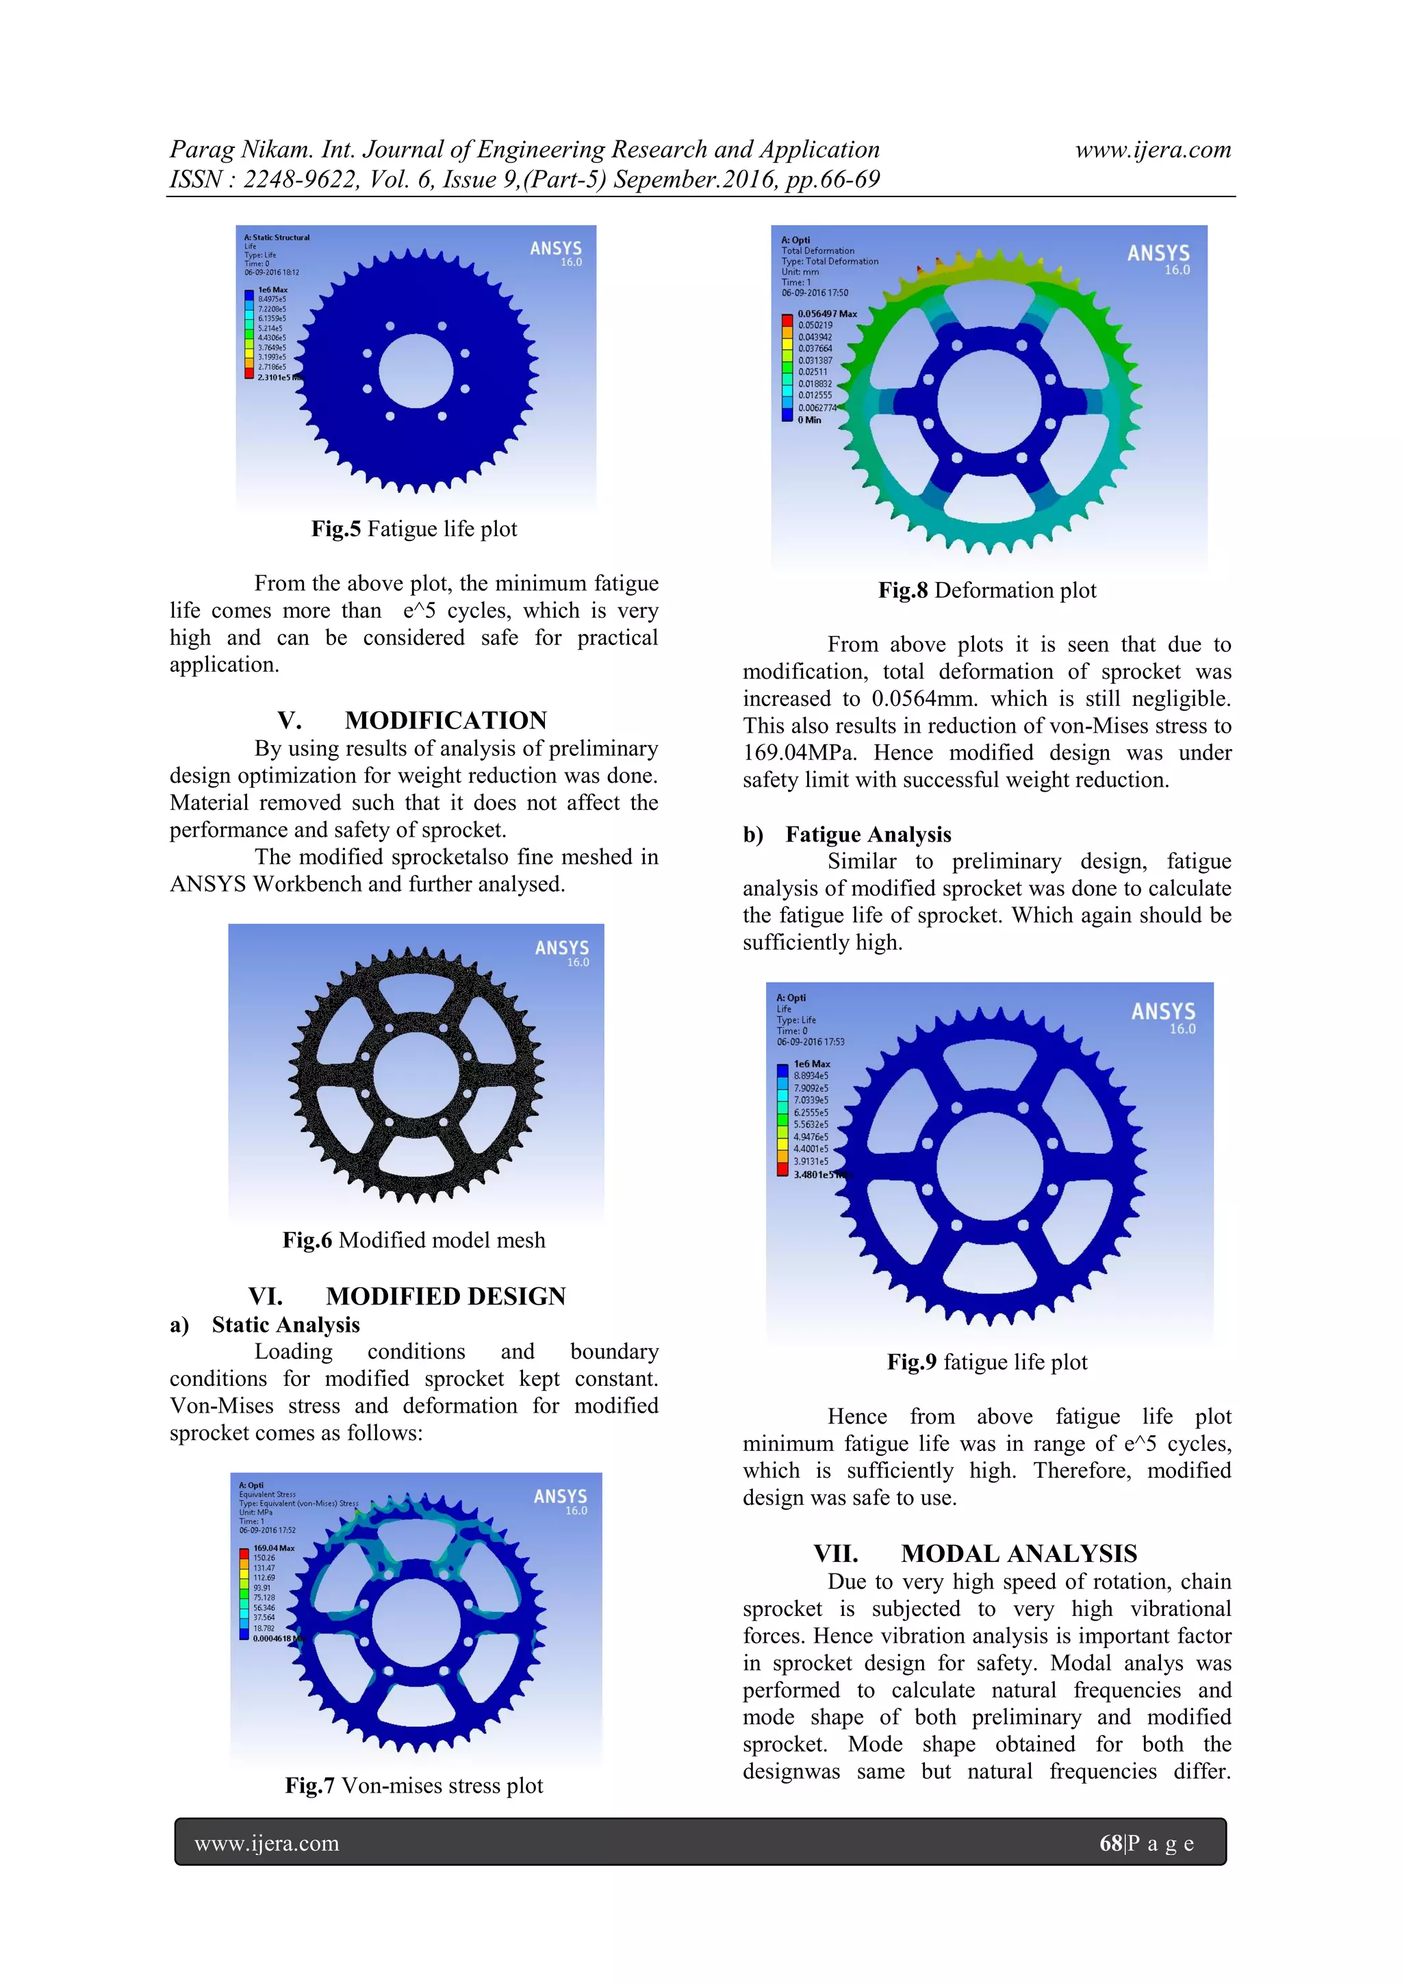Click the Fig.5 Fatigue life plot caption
pyautogui.click(x=414, y=529)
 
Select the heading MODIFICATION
pyautogui.click(x=446, y=720)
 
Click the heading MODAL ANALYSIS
pyautogui.click(x=1019, y=1554)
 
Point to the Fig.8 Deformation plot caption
pyautogui.click(x=986, y=591)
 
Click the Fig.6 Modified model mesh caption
pyautogui.click(x=414, y=1240)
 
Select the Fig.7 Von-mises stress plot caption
pyautogui.click(x=414, y=1785)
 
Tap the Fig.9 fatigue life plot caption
pyautogui.click(x=986, y=1362)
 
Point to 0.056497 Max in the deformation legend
pyautogui.click(x=827, y=314)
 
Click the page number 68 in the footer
pyautogui.click(x=1111, y=1843)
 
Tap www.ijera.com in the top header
pyautogui.click(x=1153, y=149)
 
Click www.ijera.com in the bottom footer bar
pyautogui.click(x=267, y=1843)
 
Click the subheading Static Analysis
pyautogui.click(x=285, y=1325)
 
